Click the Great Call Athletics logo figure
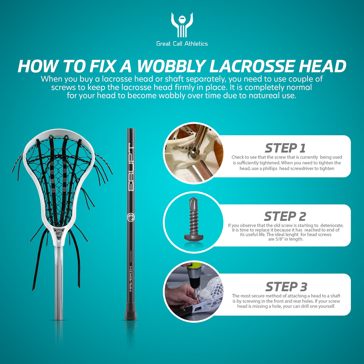[x=182, y=25]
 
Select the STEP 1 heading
[x=285, y=148]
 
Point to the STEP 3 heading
[x=286, y=287]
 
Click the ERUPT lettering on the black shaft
[x=131, y=167]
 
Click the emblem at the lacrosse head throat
[x=59, y=233]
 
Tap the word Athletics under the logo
[x=196, y=44]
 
